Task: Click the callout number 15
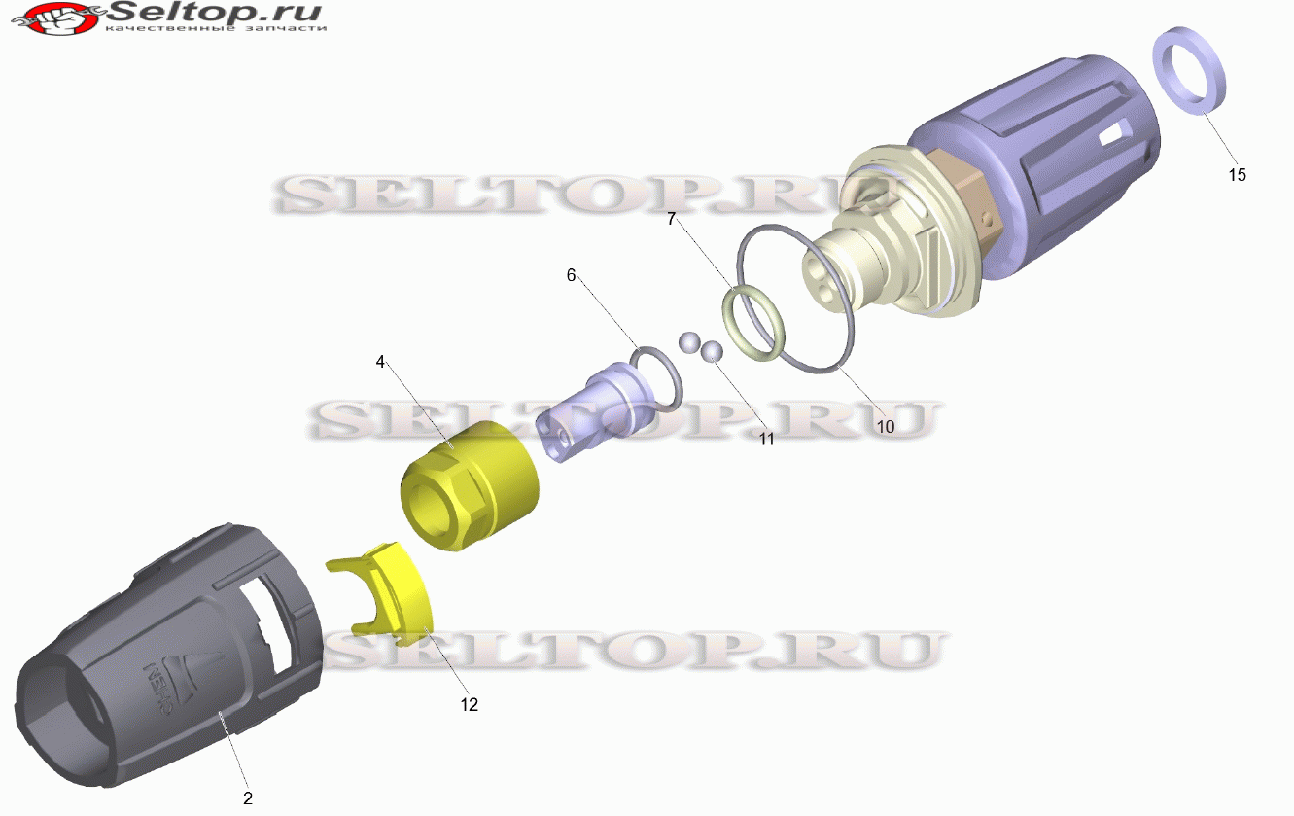(x=1237, y=174)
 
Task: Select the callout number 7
(x=671, y=219)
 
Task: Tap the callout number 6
(x=571, y=275)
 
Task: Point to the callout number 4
(x=380, y=362)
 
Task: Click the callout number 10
(x=886, y=427)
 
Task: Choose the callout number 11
(x=766, y=440)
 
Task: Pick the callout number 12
(x=469, y=704)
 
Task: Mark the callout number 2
(x=248, y=798)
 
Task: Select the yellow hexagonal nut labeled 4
(x=469, y=485)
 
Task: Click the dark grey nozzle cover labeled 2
(x=167, y=656)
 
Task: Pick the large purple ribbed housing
(x=1034, y=167)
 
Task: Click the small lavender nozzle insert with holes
(x=595, y=410)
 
